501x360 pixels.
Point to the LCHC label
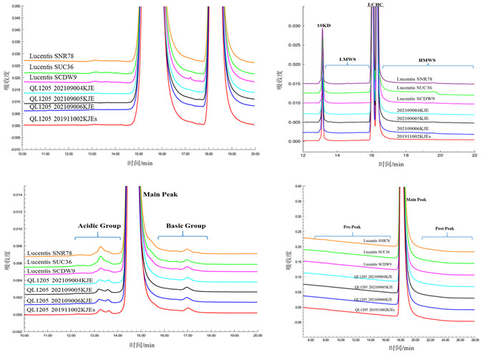pos(375,4)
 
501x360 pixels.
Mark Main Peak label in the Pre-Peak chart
pos(417,200)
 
